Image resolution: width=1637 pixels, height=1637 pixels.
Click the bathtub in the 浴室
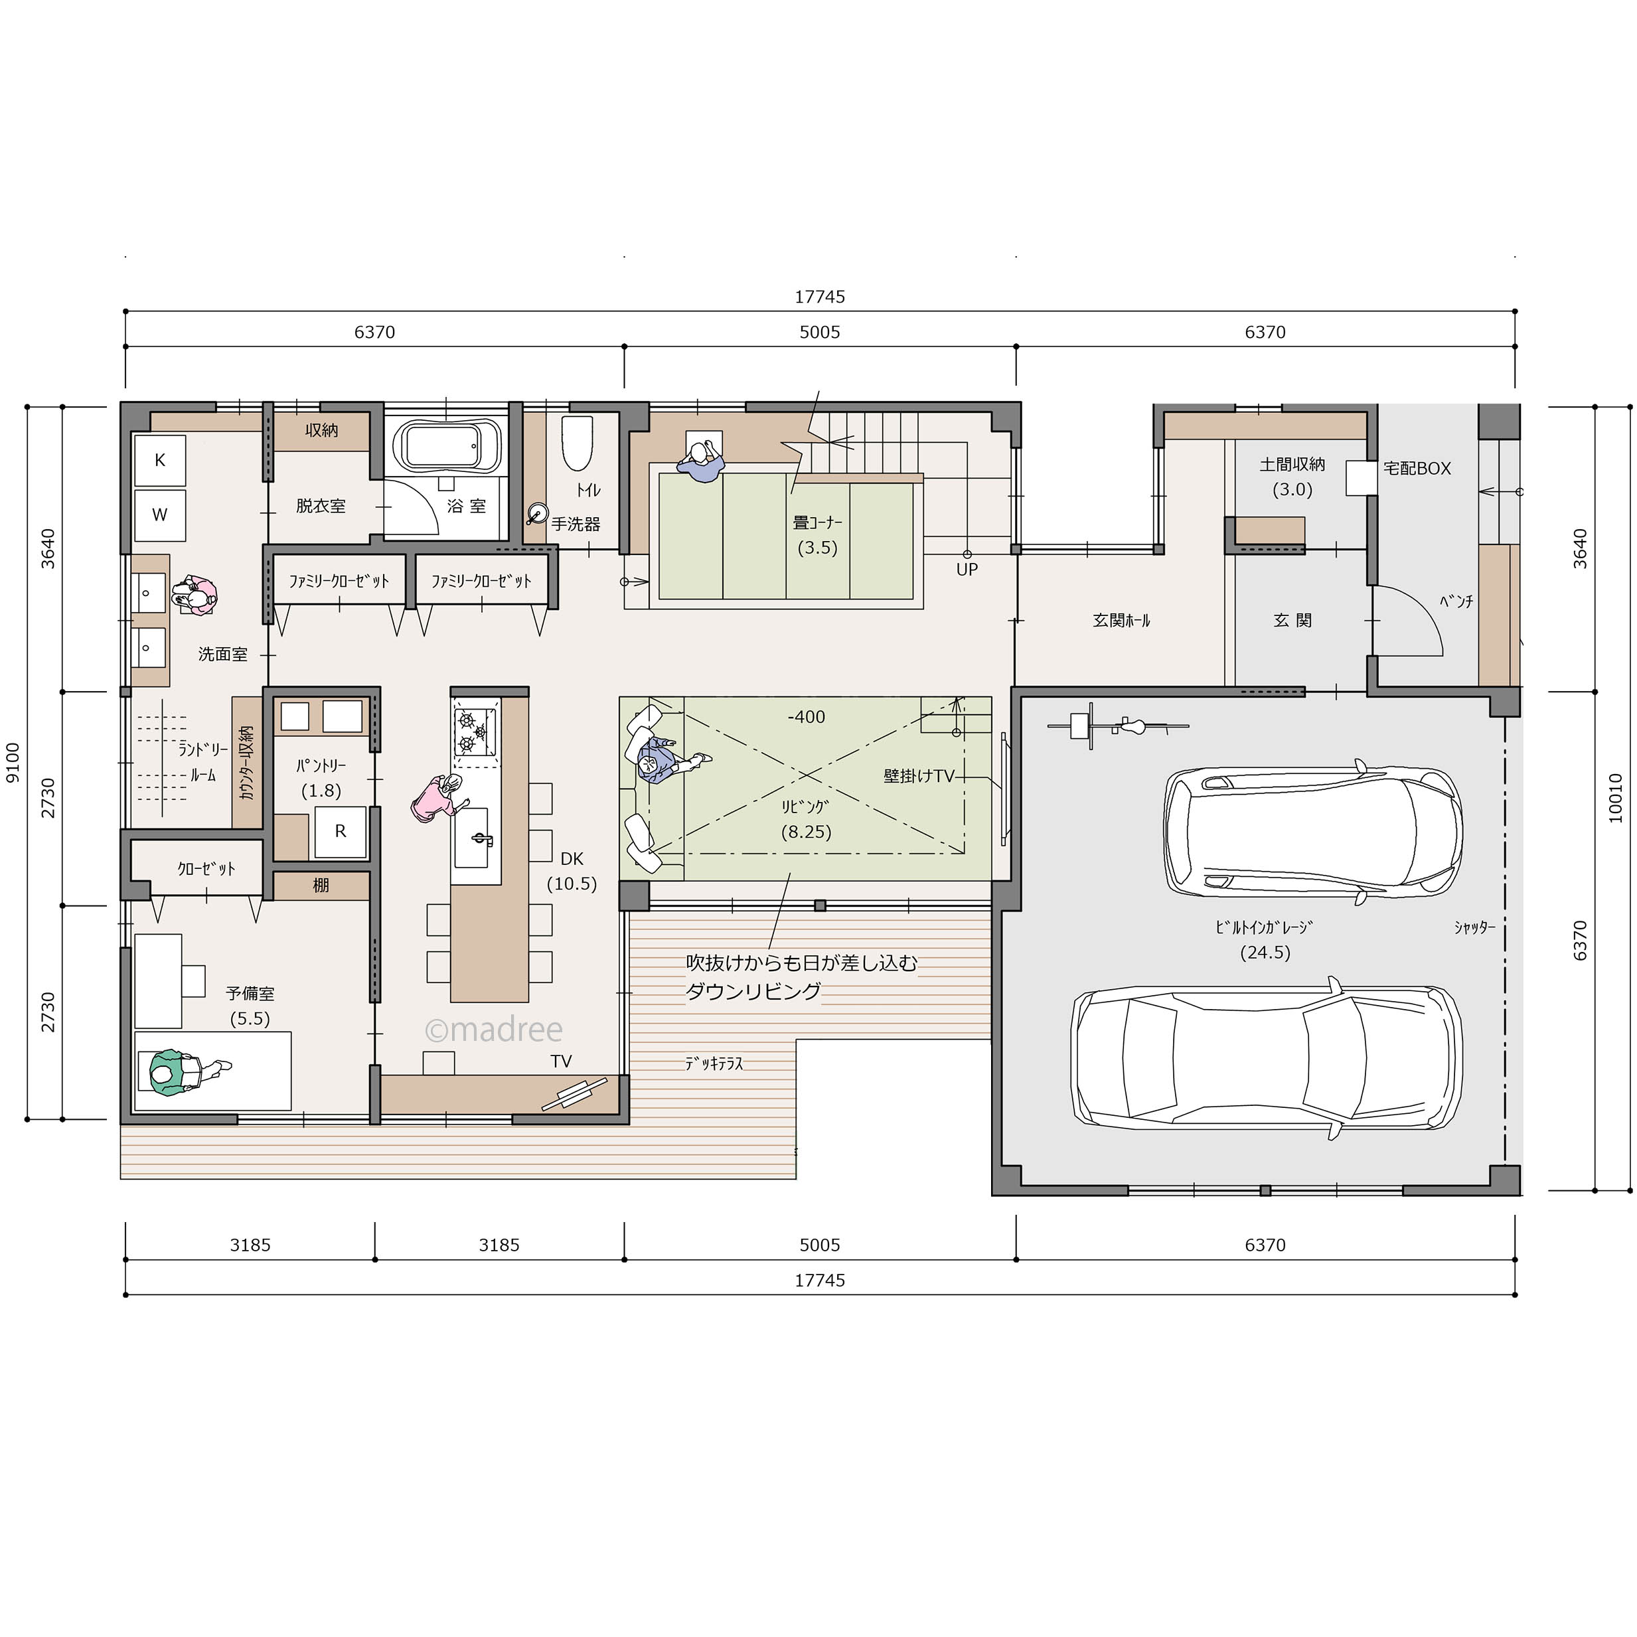pyautogui.click(x=445, y=445)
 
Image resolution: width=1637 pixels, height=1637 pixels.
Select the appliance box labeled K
pyautogui.click(x=160, y=460)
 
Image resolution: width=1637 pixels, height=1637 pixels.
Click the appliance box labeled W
pyautogui.click(x=160, y=514)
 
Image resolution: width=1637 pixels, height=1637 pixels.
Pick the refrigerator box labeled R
pyautogui.click(x=341, y=831)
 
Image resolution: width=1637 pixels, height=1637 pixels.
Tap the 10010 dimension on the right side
pyautogui.click(x=1615, y=797)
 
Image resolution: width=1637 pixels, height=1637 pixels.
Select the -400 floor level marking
pyautogui.click(x=806, y=717)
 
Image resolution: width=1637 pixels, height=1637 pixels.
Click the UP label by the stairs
pyautogui.click(x=967, y=570)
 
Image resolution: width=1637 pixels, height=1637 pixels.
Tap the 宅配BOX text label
pyautogui.click(x=1417, y=468)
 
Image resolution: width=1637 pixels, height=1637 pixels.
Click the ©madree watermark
pyautogui.click(x=493, y=1030)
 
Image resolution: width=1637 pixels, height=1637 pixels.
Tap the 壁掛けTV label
pyautogui.click(x=919, y=775)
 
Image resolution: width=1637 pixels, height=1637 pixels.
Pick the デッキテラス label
pyautogui.click(x=714, y=1063)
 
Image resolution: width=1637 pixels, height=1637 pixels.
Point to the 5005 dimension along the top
pyautogui.click(x=819, y=332)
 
